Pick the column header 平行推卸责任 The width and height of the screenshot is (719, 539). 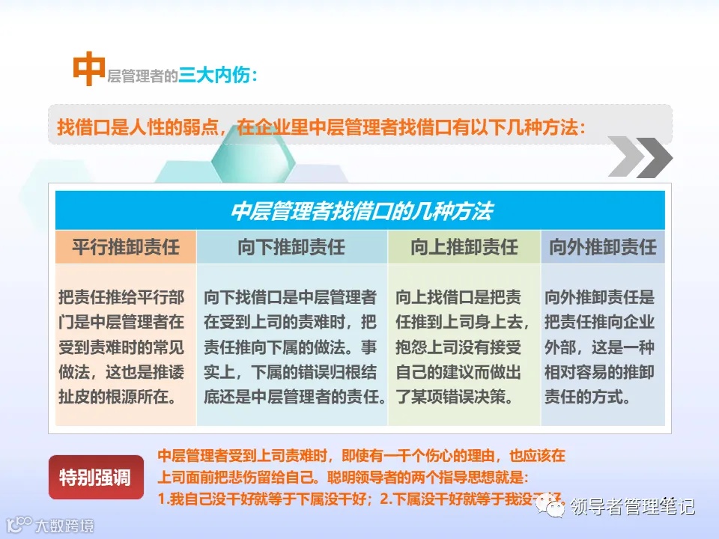coord(126,246)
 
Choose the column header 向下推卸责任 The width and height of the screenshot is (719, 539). coord(291,246)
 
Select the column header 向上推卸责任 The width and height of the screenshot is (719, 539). coord(464,246)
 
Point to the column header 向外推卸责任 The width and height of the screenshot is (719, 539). coord(603,246)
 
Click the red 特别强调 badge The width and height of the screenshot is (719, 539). coord(95,477)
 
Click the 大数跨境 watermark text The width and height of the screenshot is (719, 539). coord(64,526)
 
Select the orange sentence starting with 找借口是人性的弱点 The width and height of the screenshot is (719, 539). coord(321,127)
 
